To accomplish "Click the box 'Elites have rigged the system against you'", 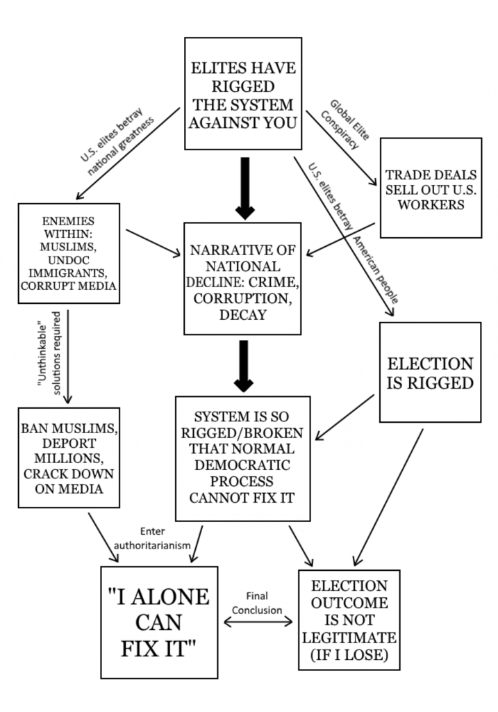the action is coord(243,94).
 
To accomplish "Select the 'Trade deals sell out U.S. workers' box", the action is coord(431,188).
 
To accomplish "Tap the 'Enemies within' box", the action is coord(69,253).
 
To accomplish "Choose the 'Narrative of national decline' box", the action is coord(242,279).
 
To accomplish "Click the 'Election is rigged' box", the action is coord(431,373).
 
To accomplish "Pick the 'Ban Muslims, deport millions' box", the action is coord(69,458).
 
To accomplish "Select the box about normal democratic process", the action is coord(243,459).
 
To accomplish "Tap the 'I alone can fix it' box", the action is coord(159,622).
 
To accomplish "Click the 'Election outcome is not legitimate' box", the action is coord(349,620).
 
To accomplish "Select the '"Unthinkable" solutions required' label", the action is coord(49,353).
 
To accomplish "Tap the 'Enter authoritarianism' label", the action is coord(152,538).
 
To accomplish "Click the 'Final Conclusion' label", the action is coord(257,603).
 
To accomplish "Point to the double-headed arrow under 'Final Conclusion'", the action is coord(258,622).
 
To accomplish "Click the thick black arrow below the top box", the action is coord(245,188).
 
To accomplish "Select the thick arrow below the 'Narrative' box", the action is coord(244,366).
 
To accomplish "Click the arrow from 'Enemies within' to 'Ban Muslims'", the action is coord(67,357).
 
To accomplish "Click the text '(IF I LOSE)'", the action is coord(349,655).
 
